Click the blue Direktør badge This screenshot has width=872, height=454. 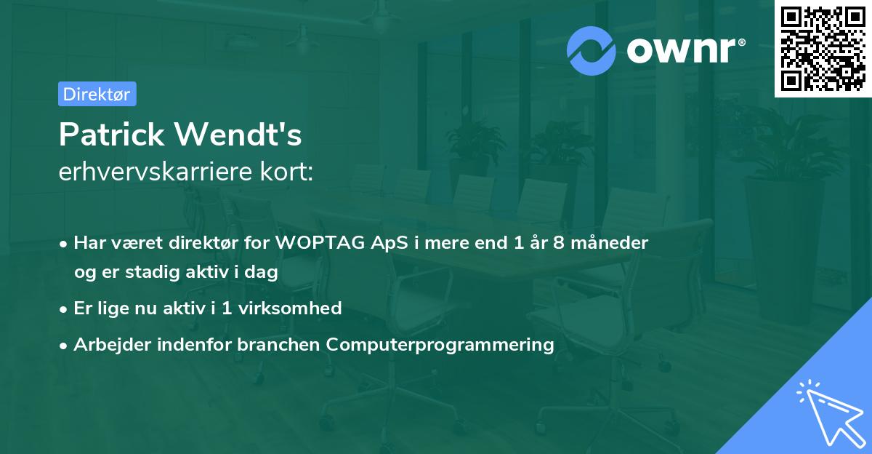click(97, 94)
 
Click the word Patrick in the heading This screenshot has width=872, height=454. click(112, 135)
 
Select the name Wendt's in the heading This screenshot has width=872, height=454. click(238, 135)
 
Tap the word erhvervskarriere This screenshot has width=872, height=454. click(156, 172)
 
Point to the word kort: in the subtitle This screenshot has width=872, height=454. click(287, 172)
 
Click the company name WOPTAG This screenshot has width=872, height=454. click(320, 242)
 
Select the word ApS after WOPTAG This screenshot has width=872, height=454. click(389, 243)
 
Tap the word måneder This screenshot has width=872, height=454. click(609, 242)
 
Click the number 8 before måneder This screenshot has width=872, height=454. click(559, 242)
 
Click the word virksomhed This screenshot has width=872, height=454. click(290, 308)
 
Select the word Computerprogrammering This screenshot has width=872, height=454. click(440, 345)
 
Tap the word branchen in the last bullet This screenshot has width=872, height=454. click(278, 344)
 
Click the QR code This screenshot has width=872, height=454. click(823, 49)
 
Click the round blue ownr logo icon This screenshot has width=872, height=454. click(591, 51)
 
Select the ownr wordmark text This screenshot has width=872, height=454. click(681, 50)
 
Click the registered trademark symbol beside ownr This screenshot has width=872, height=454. click(742, 41)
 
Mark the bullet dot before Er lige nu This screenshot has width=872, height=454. click(63, 310)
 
